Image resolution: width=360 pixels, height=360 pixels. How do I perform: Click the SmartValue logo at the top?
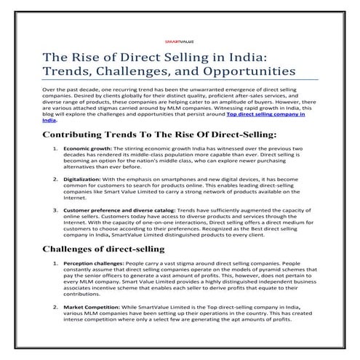point(180,42)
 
